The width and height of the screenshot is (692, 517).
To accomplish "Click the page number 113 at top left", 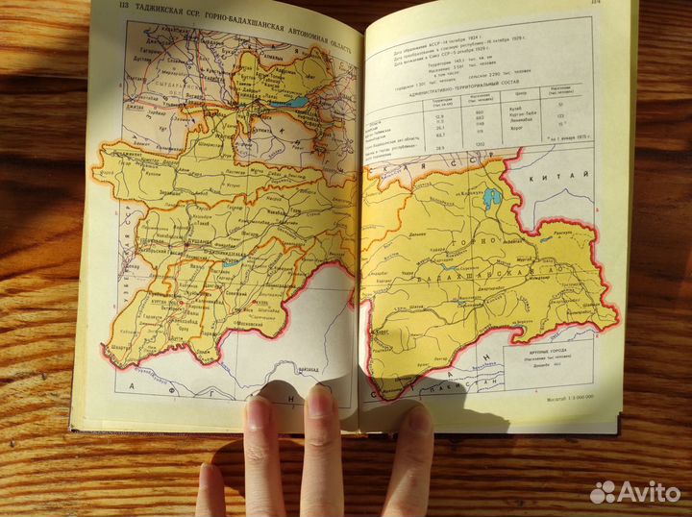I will pyautogui.click(x=117, y=12).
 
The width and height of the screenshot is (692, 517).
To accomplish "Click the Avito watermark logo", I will pyautogui.click(x=635, y=492).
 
